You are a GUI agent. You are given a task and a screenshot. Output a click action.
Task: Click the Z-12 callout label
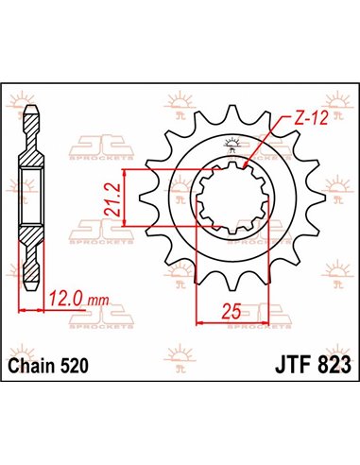pos(305,120)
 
